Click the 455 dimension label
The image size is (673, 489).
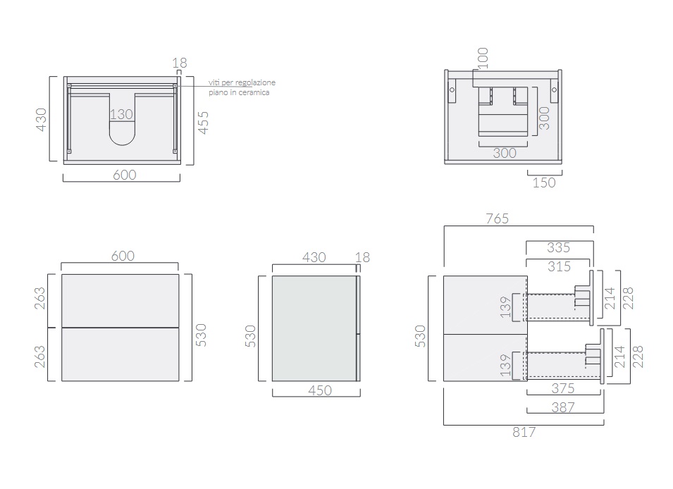point(203,123)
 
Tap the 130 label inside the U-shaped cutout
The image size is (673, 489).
point(121,114)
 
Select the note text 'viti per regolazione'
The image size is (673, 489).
point(242,82)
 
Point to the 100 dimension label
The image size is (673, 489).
point(483,58)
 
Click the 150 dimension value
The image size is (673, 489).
point(544,182)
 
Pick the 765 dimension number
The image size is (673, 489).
point(497,218)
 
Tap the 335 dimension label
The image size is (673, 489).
point(558,247)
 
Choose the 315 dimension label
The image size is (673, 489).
point(559,266)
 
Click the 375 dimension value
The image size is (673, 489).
point(562,388)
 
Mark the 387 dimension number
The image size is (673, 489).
point(562,407)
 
